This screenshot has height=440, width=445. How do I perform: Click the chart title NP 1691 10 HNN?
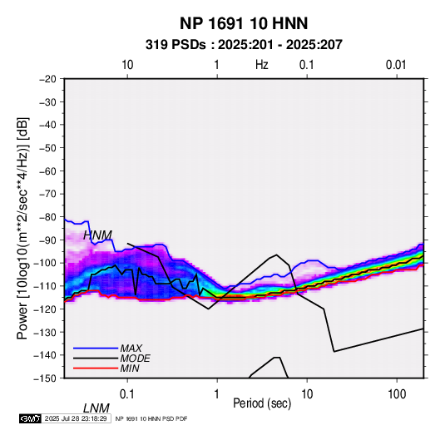click(244, 23)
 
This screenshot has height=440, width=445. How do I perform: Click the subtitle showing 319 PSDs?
click(244, 45)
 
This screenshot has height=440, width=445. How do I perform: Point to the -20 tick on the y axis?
click(47, 79)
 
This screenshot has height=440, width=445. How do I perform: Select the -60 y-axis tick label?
click(47, 171)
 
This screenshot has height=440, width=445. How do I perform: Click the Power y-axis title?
click(22, 228)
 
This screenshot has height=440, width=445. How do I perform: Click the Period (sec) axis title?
click(262, 403)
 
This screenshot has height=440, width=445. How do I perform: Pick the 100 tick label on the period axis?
click(397, 394)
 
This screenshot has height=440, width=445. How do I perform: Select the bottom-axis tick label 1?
click(216, 394)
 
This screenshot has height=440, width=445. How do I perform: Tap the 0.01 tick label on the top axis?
click(396, 65)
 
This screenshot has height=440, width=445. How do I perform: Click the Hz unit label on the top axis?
click(262, 65)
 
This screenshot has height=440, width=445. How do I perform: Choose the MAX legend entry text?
click(131, 349)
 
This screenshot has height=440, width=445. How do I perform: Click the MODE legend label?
click(135, 358)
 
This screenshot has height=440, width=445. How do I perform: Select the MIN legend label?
click(130, 368)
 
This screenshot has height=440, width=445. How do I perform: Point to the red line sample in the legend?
click(96, 368)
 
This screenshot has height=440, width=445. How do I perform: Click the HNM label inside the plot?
click(97, 235)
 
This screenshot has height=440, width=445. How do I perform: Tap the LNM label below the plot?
click(96, 408)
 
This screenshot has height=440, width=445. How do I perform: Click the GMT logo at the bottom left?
click(30, 418)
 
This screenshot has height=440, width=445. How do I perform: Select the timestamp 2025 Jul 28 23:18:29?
click(76, 418)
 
